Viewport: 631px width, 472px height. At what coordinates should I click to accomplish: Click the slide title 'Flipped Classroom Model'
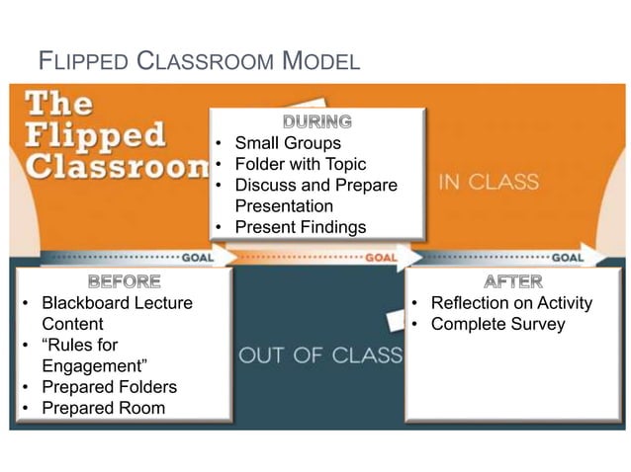click(198, 62)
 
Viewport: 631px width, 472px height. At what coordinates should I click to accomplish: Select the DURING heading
click(317, 122)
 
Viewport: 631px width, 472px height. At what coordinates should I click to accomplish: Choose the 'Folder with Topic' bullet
click(300, 164)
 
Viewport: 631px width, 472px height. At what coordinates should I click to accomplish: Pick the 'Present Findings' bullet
click(300, 227)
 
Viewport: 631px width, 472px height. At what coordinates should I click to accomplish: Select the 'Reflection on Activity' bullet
click(511, 302)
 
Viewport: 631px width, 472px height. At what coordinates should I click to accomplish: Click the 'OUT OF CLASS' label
click(320, 354)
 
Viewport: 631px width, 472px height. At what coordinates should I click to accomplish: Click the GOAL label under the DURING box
click(382, 257)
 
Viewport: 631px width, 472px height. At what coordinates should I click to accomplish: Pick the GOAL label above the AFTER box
click(567, 257)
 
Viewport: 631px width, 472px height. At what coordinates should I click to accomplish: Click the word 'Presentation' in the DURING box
click(284, 206)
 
